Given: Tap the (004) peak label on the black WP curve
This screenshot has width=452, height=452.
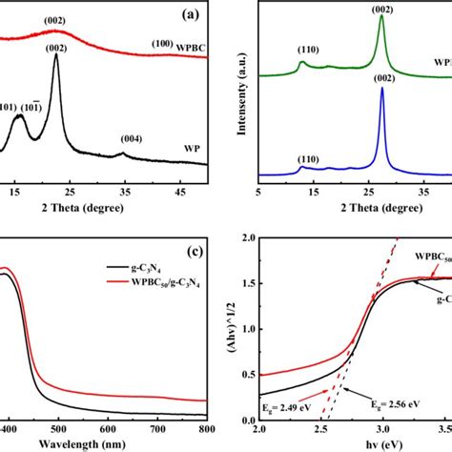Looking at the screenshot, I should pos(134,138).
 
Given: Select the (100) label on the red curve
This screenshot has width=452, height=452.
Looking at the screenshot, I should pos(163,44).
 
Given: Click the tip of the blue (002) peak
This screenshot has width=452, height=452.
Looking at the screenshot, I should pos(382,89).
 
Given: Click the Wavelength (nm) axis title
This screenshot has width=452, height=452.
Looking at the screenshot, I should pos(86,443).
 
